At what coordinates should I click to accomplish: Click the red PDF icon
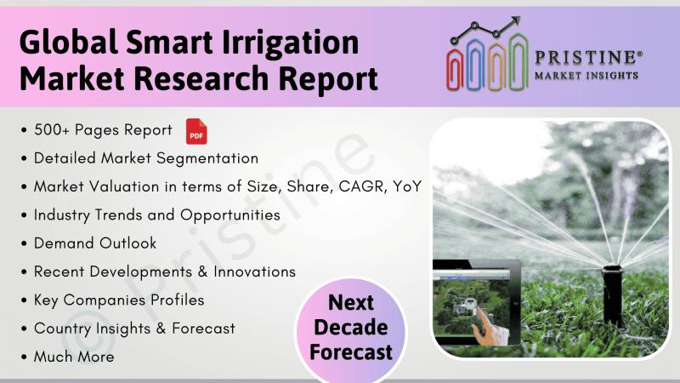point(196,131)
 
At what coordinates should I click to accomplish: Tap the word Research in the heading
point(201,78)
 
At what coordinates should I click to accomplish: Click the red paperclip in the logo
point(455,70)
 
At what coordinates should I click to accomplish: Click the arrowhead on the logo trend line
point(515,20)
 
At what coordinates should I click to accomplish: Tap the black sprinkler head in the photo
point(612,295)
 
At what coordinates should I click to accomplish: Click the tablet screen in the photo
point(471,303)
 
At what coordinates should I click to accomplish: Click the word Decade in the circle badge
point(351,327)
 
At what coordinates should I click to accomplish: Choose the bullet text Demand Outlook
point(95,243)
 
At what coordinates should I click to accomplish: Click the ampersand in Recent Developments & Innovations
point(202,272)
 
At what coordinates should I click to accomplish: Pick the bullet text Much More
point(74,357)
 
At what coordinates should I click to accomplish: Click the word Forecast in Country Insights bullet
point(203,329)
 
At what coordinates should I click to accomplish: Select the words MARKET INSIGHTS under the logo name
point(586,76)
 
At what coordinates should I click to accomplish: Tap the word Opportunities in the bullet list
point(230,215)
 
